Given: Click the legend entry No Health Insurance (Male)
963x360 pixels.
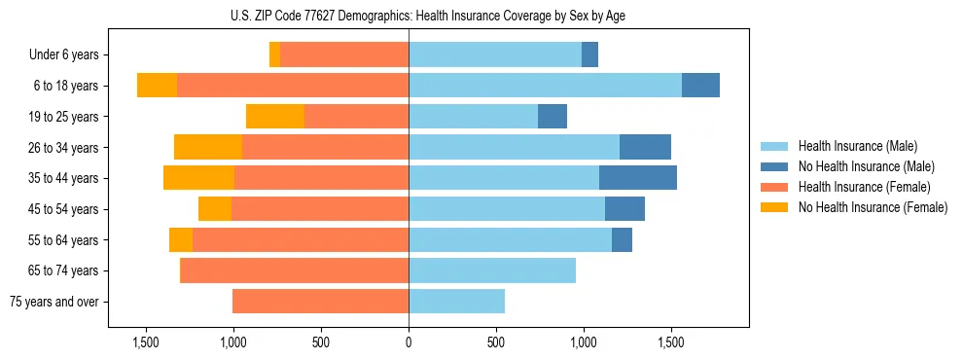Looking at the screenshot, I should click(866, 166).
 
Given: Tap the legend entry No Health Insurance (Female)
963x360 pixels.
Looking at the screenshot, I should click(873, 207).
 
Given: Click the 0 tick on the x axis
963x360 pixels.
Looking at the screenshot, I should click(409, 342).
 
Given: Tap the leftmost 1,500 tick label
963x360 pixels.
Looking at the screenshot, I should click(145, 342).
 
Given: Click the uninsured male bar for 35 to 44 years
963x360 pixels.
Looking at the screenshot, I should click(638, 178).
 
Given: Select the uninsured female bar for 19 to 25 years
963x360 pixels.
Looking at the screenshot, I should click(275, 117).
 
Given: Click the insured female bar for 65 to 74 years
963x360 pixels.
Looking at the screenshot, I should click(295, 270).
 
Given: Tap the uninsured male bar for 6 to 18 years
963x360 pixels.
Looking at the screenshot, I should click(700, 86).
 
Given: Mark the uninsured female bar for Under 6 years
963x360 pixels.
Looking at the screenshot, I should click(274, 54).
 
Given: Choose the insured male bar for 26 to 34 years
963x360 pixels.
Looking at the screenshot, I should click(514, 147).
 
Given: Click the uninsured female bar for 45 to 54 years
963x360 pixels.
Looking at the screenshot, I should click(215, 209).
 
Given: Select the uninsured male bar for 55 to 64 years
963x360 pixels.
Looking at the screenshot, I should click(622, 239).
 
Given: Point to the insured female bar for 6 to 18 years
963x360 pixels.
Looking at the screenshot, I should click(293, 86).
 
